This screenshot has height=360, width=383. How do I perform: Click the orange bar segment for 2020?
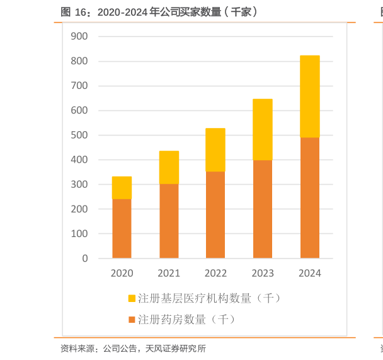pos(122,228)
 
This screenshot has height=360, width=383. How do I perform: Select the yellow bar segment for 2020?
pos(122,188)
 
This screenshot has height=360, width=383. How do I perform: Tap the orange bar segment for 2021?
pos(169,221)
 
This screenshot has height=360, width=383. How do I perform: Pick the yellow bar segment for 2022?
pos(215,150)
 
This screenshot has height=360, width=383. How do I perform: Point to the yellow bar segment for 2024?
pos(310,96)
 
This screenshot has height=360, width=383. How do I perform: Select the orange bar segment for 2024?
pos(310,197)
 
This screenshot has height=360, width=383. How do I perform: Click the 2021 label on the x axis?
pos(169,274)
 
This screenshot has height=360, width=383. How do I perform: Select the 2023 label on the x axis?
pos(263,274)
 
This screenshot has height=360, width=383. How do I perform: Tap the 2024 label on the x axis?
pos(310,274)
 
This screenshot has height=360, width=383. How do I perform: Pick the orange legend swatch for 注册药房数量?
pos(132,320)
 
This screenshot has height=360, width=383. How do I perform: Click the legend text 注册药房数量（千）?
pos(186,320)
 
